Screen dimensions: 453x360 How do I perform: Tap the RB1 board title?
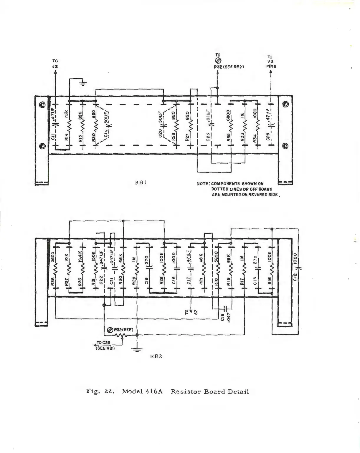pyautogui.click(x=141, y=182)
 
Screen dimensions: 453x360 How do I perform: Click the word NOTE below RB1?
pyautogui.click(x=202, y=184)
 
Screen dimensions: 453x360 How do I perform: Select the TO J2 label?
pyautogui.click(x=55, y=64)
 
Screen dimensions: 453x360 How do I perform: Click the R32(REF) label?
pyautogui.click(x=123, y=329)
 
